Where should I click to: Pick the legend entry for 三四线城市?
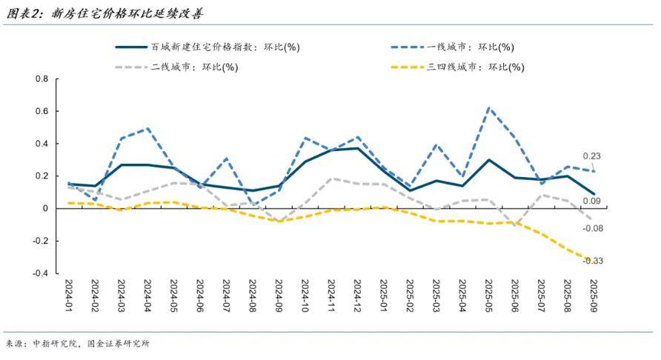point(474,67)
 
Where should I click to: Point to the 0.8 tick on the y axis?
point(42,79)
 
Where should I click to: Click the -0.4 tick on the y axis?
point(40,273)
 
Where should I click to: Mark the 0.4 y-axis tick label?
point(42,144)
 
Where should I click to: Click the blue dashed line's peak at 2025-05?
point(489,108)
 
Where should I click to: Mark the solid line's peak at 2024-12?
point(357,148)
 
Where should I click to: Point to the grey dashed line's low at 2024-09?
point(279,221)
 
